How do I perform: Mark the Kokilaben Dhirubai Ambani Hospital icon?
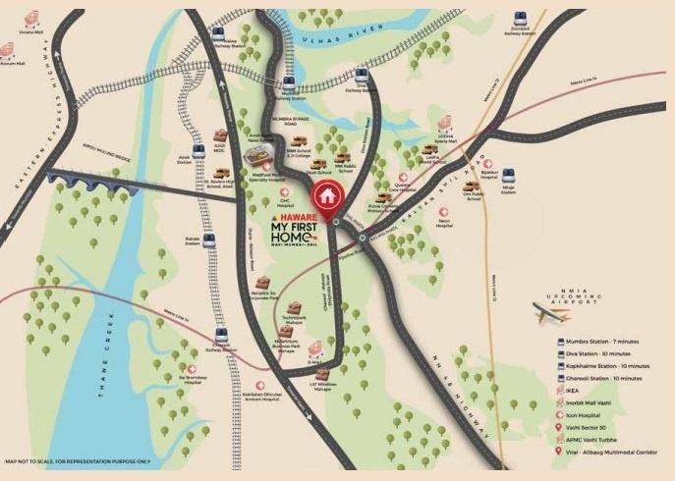tap(260, 387)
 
